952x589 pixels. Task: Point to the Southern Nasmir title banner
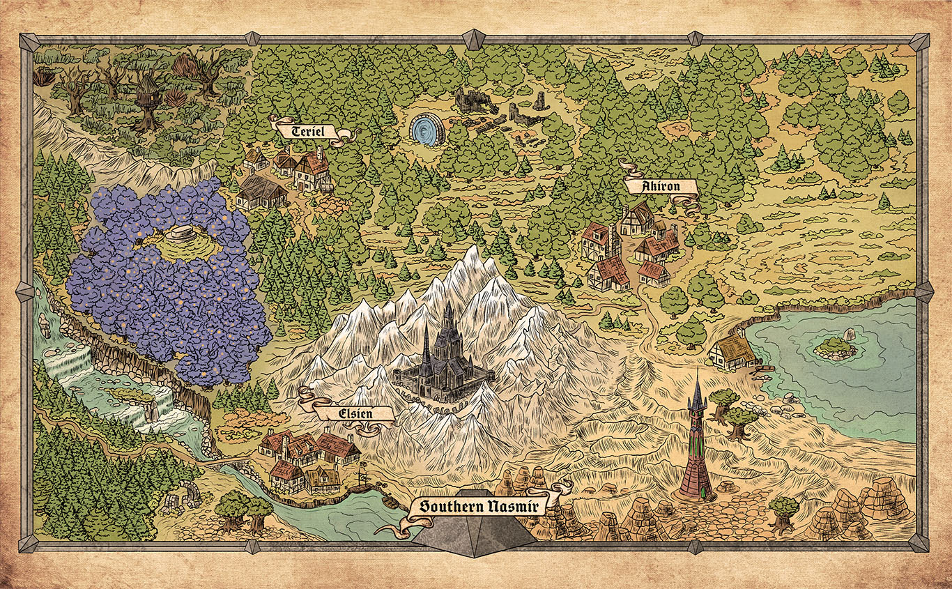coord(475,506)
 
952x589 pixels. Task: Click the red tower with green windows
coord(695,446)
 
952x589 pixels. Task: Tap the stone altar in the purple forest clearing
coord(183,233)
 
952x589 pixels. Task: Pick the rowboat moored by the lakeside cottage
coord(765,368)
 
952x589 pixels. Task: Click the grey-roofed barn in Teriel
coord(261,192)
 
